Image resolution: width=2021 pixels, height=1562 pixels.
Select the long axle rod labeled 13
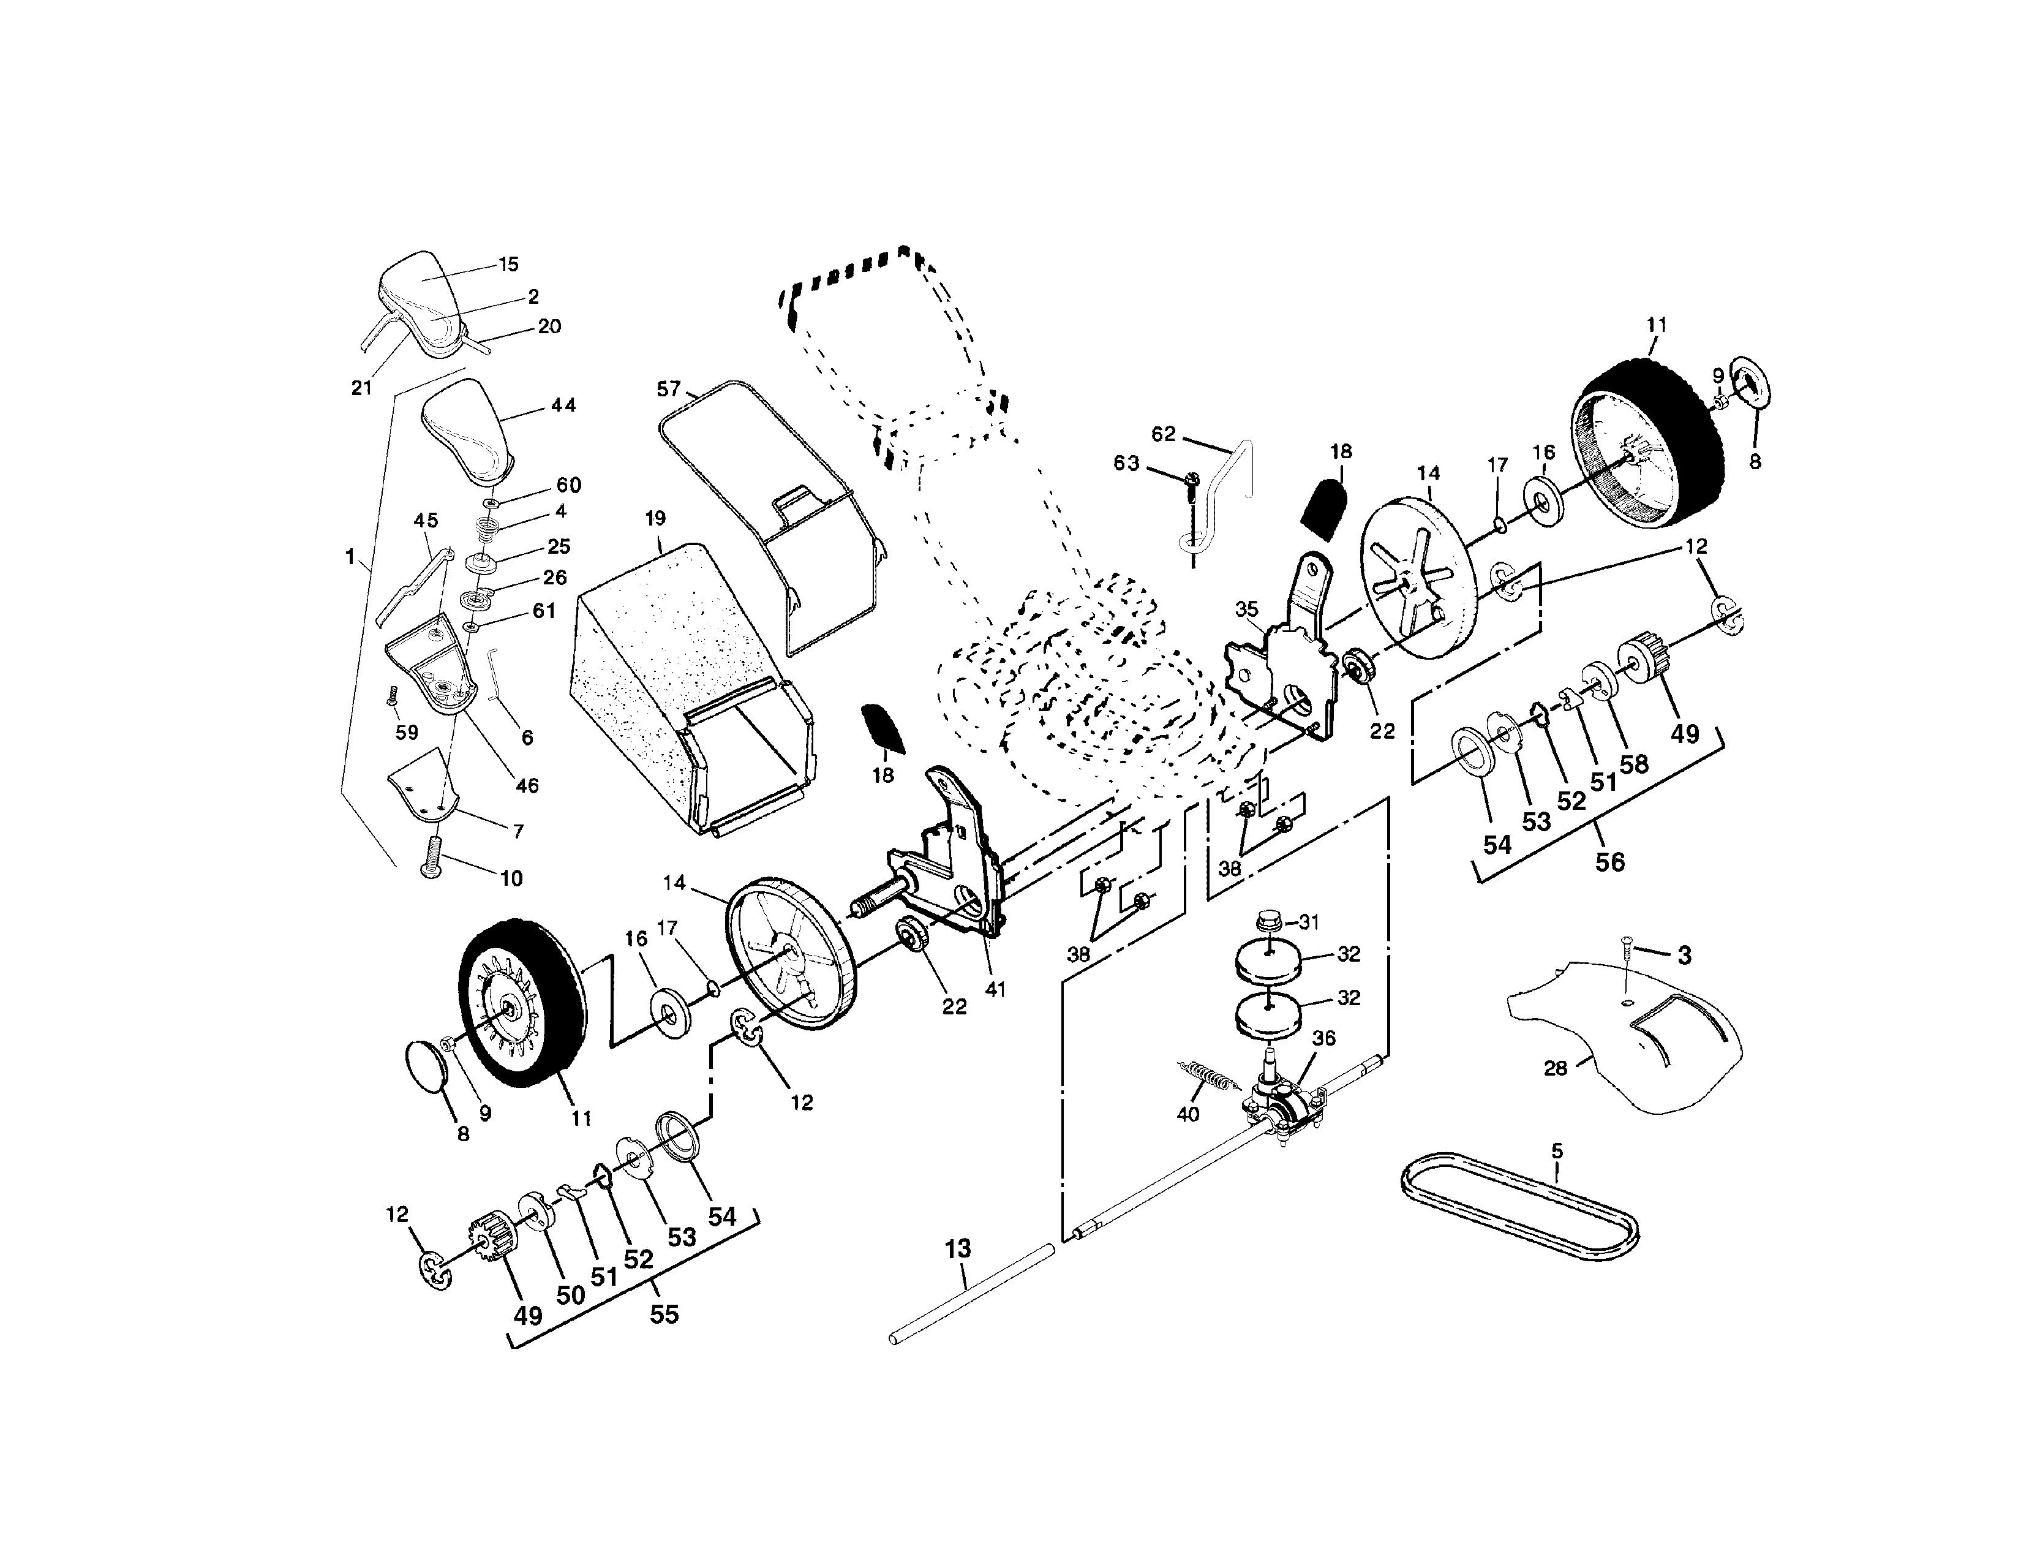(x=972, y=1294)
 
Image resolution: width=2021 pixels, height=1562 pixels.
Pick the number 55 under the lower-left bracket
(x=663, y=1314)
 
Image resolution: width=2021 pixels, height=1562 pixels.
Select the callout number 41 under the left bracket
(x=995, y=989)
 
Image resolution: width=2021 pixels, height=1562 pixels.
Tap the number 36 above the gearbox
(x=1324, y=1038)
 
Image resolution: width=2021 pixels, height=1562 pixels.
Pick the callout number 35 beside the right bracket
(x=1246, y=609)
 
